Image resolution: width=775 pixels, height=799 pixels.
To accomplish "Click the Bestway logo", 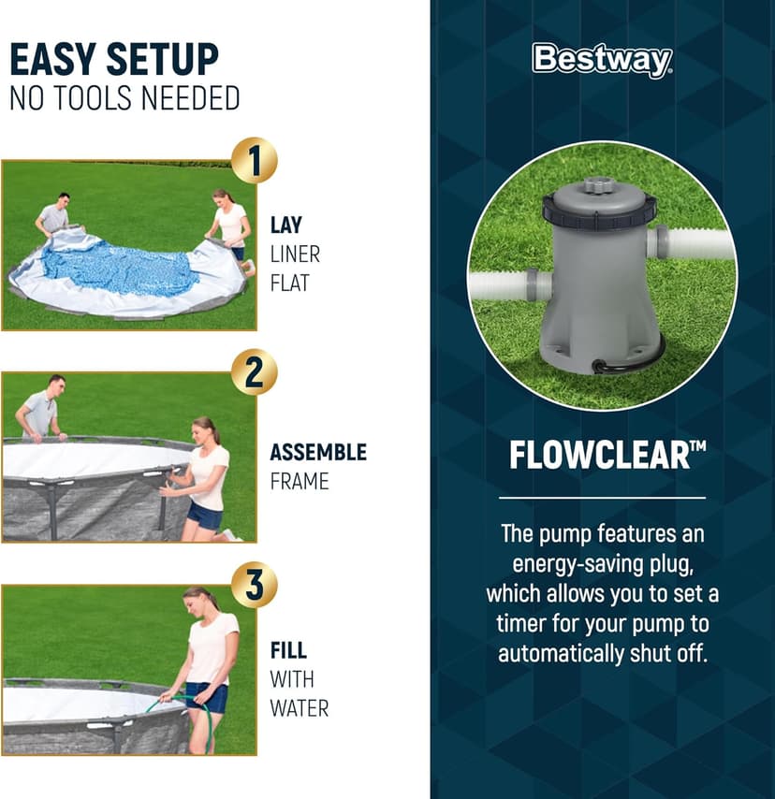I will coord(602,60).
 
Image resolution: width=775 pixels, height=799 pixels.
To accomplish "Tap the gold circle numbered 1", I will coord(254,161).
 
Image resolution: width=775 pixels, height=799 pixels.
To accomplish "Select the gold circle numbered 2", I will coord(254,372).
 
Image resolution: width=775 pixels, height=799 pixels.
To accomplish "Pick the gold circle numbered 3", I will coord(254,585).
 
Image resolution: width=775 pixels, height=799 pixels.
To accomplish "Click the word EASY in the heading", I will coord(54,60).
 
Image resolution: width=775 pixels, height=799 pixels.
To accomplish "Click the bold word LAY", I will coord(286,225).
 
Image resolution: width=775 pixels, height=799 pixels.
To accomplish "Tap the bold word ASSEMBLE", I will coord(318,453).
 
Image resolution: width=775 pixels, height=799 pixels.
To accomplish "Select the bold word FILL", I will coord(288,651).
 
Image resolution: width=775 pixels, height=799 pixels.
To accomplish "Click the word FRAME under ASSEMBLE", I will coord(300,482).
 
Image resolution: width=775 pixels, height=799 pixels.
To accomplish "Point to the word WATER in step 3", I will coord(300,708).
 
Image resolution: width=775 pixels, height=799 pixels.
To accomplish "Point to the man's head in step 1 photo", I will coord(63,200).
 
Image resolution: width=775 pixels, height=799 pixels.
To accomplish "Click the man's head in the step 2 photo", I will coord(55,384).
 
